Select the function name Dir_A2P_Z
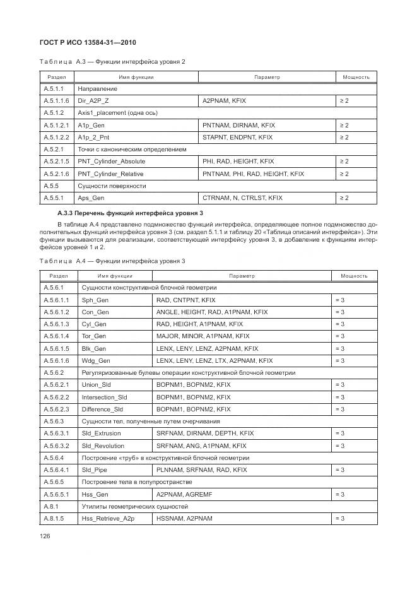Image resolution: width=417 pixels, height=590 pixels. (93, 101)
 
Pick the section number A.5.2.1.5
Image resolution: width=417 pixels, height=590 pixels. (56, 162)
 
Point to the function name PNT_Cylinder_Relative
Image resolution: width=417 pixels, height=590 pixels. (110, 174)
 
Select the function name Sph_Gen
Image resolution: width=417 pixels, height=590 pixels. (94, 300)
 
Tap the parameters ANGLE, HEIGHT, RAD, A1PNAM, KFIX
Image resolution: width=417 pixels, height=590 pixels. (212, 312)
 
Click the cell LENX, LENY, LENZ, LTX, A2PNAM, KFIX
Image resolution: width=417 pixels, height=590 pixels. (214, 361)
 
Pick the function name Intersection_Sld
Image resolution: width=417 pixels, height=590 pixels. (104, 398)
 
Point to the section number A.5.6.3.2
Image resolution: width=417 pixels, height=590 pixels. (56, 446)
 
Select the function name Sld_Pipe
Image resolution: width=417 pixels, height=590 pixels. (94, 470)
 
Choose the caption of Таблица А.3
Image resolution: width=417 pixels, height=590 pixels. (112, 61)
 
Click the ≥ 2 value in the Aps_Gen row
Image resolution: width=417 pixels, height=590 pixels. (344, 198)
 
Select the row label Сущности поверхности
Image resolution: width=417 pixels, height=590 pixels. (112, 186)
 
